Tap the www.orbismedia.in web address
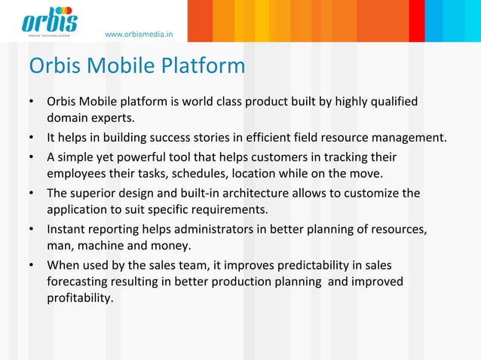pos(139,34)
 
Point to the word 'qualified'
pos(391,102)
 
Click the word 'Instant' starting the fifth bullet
pos(67,229)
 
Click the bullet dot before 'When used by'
pos(32,266)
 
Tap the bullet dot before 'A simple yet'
pos(32,157)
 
